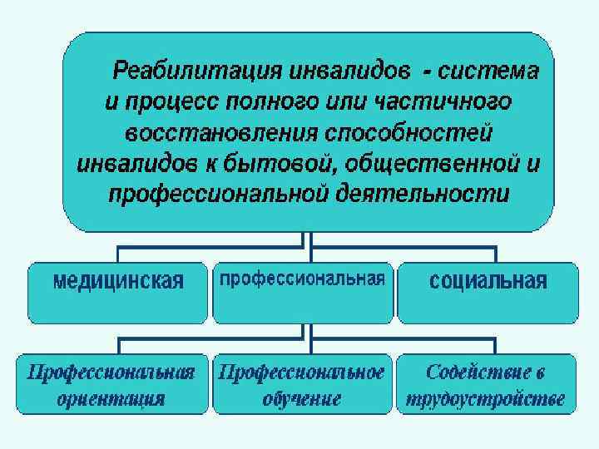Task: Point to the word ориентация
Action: click(x=111, y=398)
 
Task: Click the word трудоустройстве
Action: click(x=486, y=398)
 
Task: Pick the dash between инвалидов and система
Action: click(x=427, y=72)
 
